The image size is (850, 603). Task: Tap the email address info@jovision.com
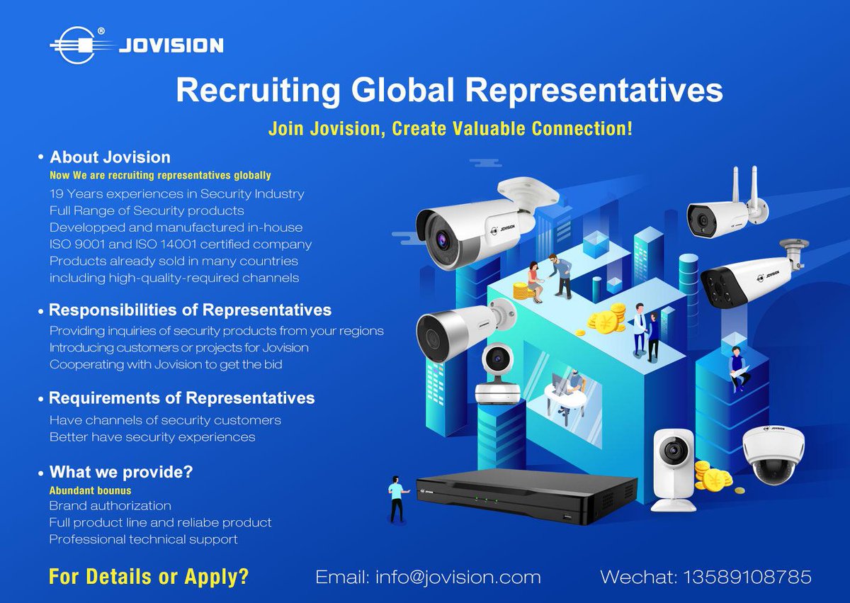(428, 577)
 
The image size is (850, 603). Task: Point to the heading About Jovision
(110, 157)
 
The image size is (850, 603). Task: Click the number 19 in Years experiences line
(57, 193)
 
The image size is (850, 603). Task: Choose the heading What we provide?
(120, 472)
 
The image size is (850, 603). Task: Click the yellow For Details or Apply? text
(149, 576)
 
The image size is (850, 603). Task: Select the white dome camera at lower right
(773, 453)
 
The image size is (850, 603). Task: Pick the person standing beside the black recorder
(397, 499)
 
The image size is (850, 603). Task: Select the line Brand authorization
(110, 506)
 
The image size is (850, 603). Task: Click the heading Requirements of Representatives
(181, 398)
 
